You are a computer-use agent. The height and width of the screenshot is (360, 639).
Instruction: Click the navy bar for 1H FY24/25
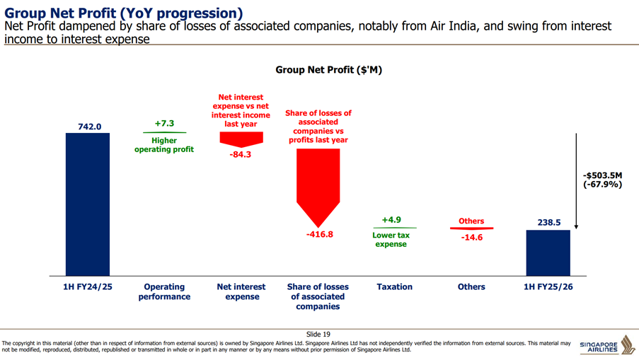pos(88,204)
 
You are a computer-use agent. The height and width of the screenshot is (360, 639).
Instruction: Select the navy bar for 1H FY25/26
pos(548,253)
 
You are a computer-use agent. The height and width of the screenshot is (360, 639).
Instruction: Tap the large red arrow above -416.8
pos(318,187)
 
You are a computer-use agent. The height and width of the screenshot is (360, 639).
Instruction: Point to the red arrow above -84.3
pos(241,139)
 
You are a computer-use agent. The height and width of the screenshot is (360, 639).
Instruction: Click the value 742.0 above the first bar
pos(90,127)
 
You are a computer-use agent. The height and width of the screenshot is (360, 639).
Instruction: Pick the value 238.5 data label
pos(549,222)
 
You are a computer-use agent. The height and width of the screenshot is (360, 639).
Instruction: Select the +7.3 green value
pos(164,123)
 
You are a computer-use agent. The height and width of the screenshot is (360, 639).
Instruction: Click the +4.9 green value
pos(391,220)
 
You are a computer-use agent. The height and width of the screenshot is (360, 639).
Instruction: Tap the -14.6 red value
pos(472,238)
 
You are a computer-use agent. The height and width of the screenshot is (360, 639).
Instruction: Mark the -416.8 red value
pos(320,234)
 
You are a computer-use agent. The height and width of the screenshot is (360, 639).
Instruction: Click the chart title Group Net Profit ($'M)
pos(329,70)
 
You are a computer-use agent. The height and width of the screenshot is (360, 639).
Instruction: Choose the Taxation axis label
pos(394,286)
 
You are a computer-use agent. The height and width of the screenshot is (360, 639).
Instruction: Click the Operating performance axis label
pos(164,291)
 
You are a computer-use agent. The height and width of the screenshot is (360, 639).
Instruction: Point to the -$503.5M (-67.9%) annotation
pos(602,180)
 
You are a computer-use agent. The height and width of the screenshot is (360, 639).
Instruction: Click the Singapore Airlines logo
pos(608,345)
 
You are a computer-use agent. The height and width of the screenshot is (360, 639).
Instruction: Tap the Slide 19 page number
pos(318,335)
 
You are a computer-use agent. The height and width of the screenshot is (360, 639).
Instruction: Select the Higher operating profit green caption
pos(164,145)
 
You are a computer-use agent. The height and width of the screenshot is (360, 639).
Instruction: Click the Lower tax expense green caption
pos(391,240)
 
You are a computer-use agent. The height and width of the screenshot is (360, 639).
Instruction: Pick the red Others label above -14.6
pos(471,221)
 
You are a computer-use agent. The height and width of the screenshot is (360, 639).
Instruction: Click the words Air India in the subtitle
pos(453,26)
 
